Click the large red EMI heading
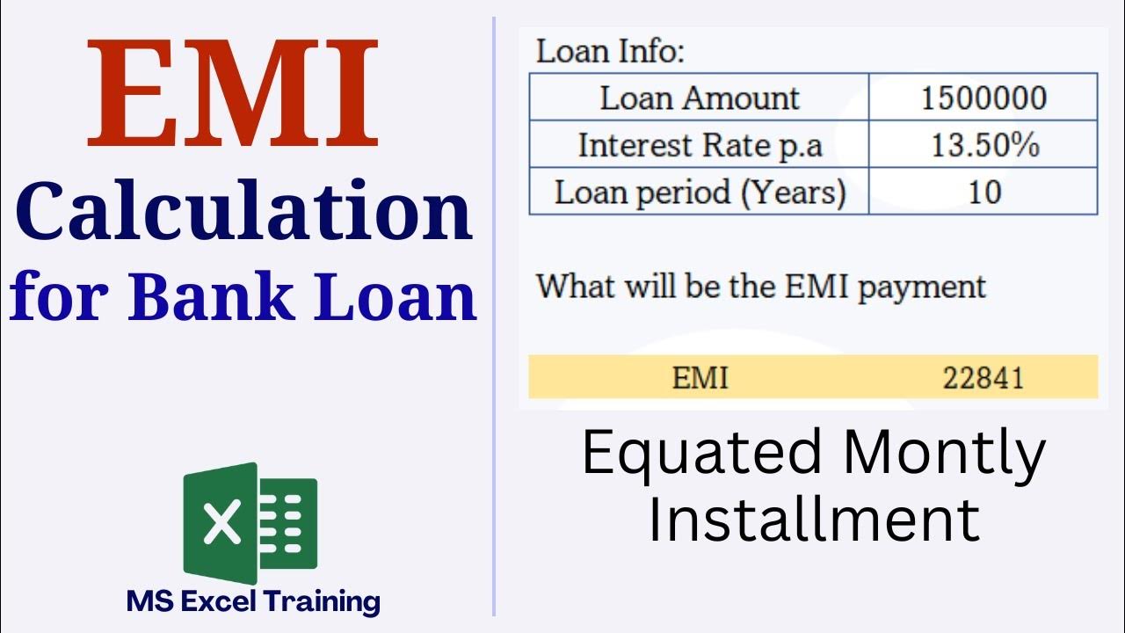click(x=233, y=95)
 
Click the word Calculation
click(x=243, y=214)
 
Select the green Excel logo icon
click(x=250, y=523)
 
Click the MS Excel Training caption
click(x=253, y=602)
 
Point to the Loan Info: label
click(x=610, y=51)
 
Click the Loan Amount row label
click(x=700, y=98)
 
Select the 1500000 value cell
click(x=983, y=98)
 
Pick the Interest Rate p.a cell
click(x=700, y=145)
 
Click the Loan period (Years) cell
click(x=700, y=193)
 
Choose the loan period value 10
click(x=983, y=193)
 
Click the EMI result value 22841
click(x=983, y=378)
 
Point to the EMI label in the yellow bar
click(x=700, y=378)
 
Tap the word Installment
click(x=813, y=518)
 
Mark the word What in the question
click(x=574, y=286)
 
